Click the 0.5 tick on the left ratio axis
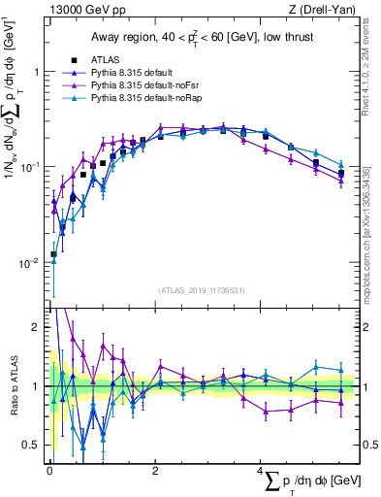click(x=29, y=446)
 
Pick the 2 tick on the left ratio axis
click(x=35, y=327)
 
